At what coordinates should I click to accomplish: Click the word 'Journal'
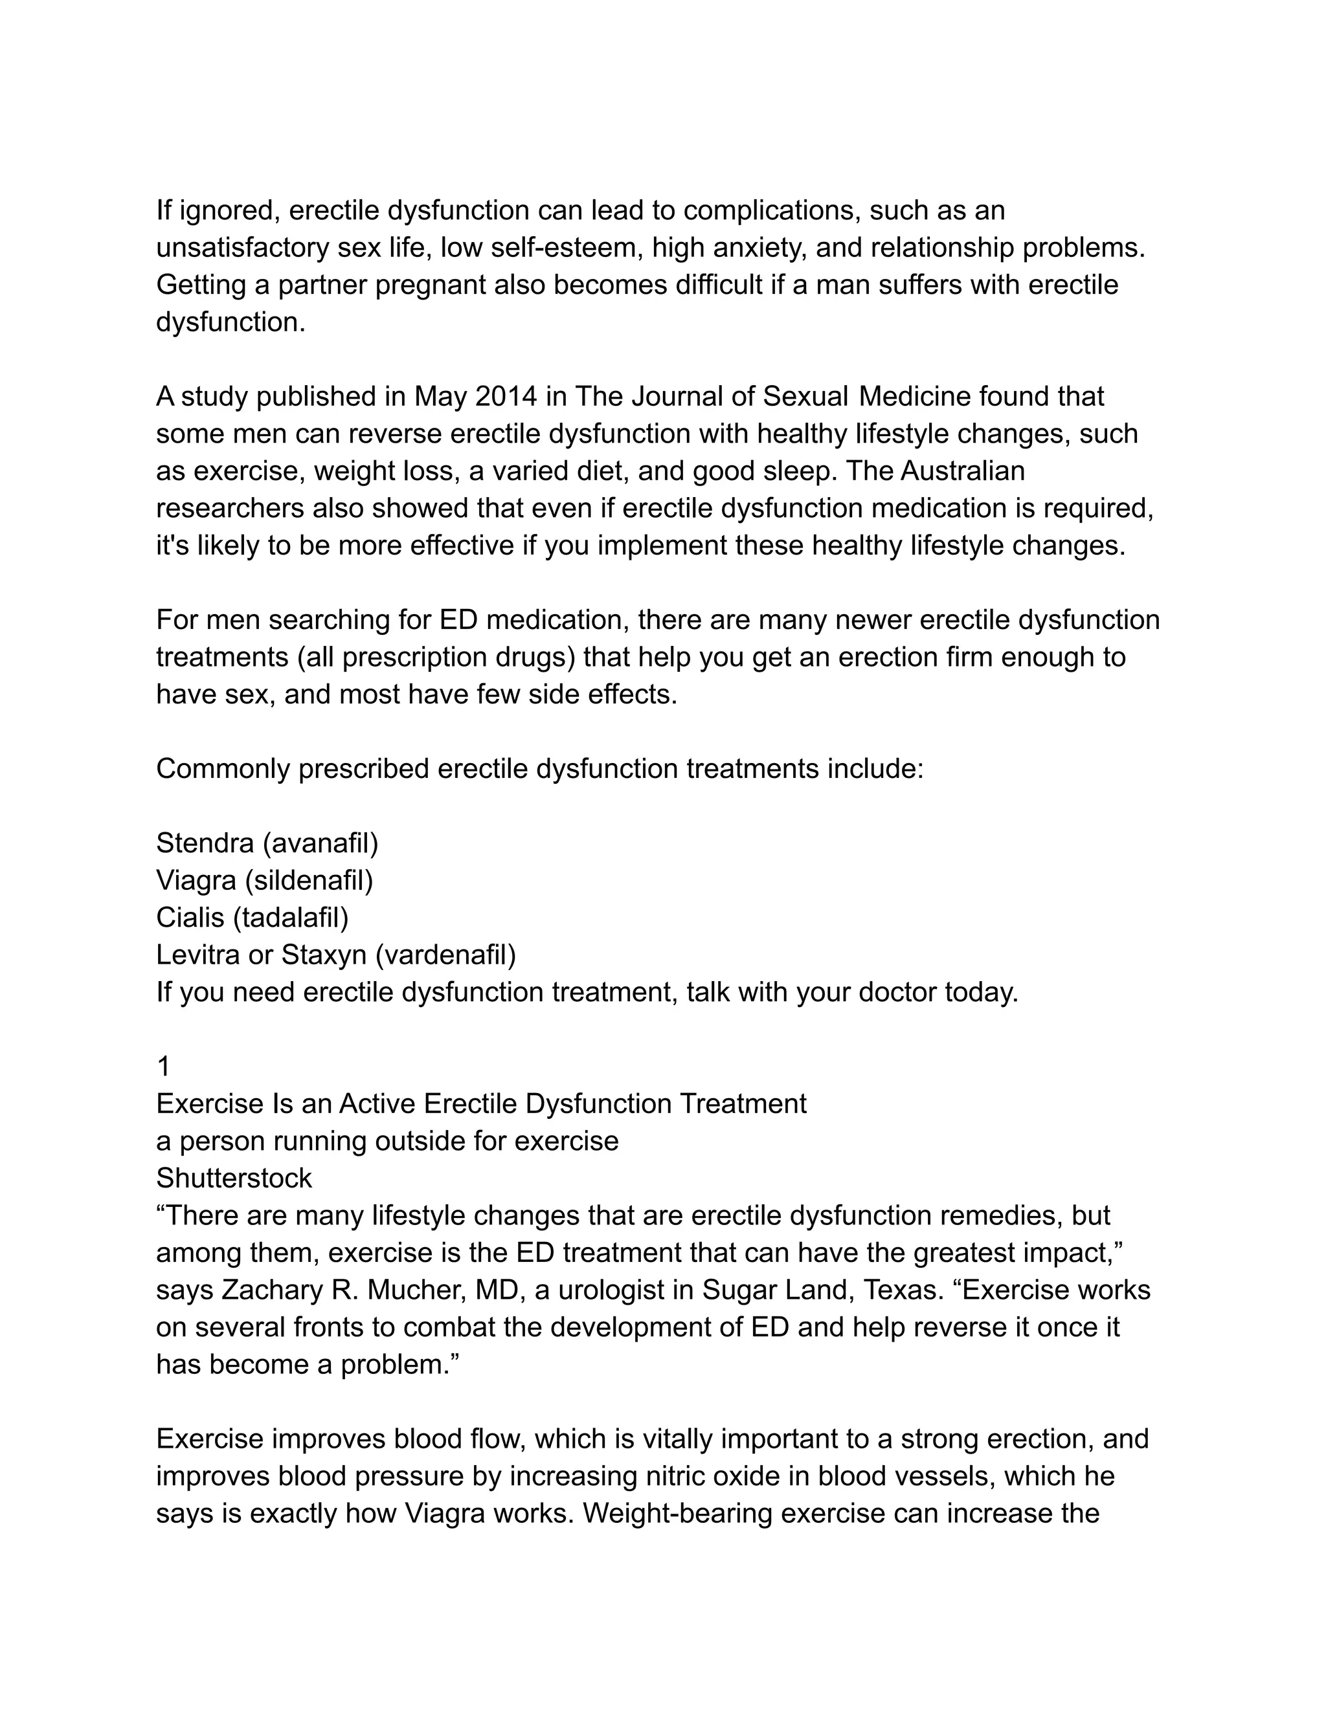click(x=677, y=397)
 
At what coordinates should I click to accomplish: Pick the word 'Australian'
click(x=962, y=471)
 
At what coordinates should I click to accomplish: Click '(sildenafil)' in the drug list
click(x=309, y=881)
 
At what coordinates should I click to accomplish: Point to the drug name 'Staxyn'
click(x=324, y=955)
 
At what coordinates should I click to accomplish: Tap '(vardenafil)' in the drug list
click(x=445, y=955)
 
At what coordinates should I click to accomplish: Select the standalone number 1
click(x=163, y=1067)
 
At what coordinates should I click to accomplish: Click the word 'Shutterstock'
click(x=234, y=1178)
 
